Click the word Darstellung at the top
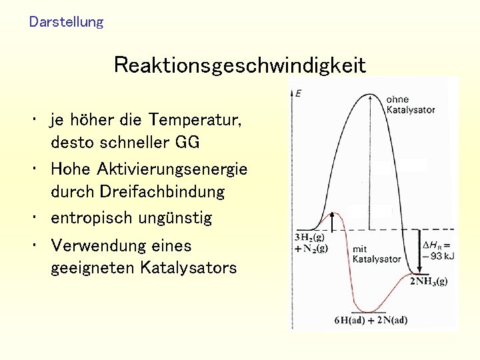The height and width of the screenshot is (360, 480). (67, 22)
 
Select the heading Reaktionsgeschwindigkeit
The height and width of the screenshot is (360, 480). (239, 65)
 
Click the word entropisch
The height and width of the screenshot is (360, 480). (91, 218)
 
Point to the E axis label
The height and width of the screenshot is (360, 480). (297, 93)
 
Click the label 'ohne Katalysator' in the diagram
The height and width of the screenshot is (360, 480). (410, 104)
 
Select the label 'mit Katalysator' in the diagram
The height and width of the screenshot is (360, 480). (377, 253)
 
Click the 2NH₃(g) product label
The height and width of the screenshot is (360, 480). (429, 281)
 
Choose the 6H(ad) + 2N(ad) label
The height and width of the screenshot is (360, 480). (371, 319)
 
